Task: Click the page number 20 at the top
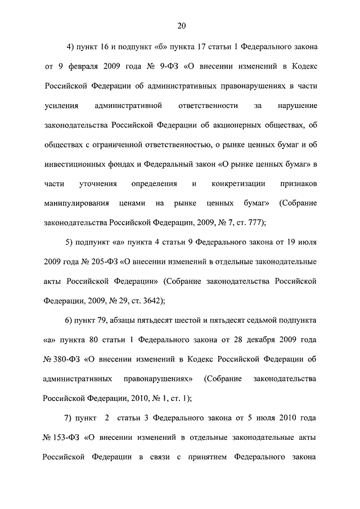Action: coord(181,25)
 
